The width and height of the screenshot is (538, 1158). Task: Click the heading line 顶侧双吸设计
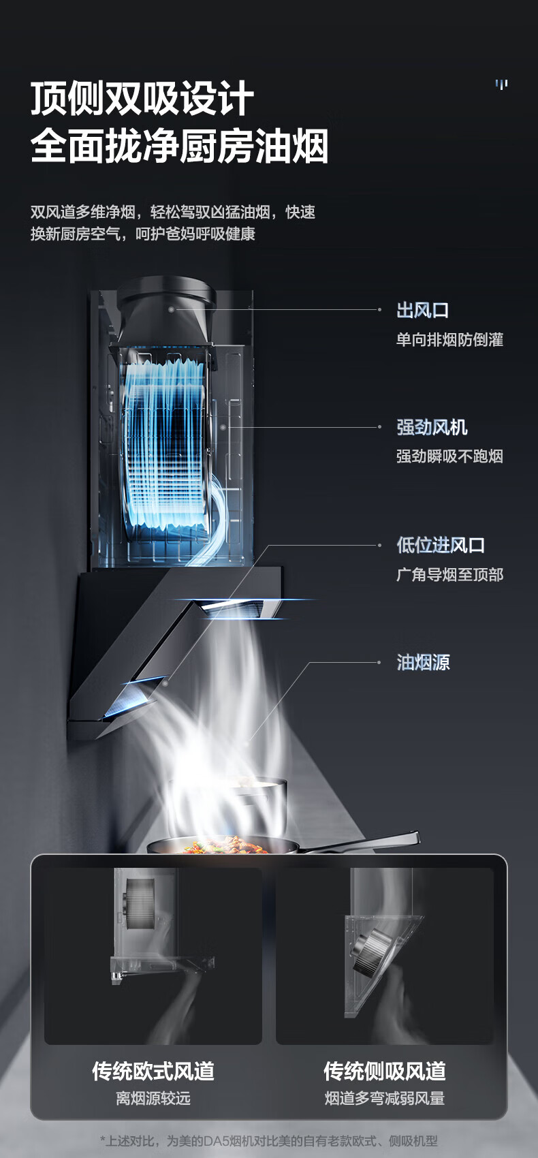tap(142, 99)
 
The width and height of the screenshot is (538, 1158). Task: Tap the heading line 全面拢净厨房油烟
tap(180, 146)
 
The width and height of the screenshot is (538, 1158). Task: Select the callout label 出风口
tap(423, 311)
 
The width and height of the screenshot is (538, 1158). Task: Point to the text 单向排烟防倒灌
tap(449, 339)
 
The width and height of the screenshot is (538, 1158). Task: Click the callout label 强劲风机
tap(432, 428)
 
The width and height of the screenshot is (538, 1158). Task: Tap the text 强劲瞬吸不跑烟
tap(449, 456)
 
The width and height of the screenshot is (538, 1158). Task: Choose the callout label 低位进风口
tap(441, 545)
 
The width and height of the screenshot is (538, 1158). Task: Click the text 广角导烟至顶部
tap(449, 574)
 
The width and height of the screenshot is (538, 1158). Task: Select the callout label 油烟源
tap(423, 662)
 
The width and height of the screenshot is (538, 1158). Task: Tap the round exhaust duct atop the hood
tap(168, 300)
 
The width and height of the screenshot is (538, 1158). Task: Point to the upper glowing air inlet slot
tap(235, 606)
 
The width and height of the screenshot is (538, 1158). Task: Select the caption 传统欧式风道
tap(153, 1071)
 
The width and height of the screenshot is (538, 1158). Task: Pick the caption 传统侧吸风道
tap(384, 1071)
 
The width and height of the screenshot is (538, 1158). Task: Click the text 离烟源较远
tap(153, 1098)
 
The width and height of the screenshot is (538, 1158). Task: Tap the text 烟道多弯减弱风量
tap(384, 1098)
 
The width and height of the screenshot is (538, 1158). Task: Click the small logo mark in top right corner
tap(502, 84)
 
